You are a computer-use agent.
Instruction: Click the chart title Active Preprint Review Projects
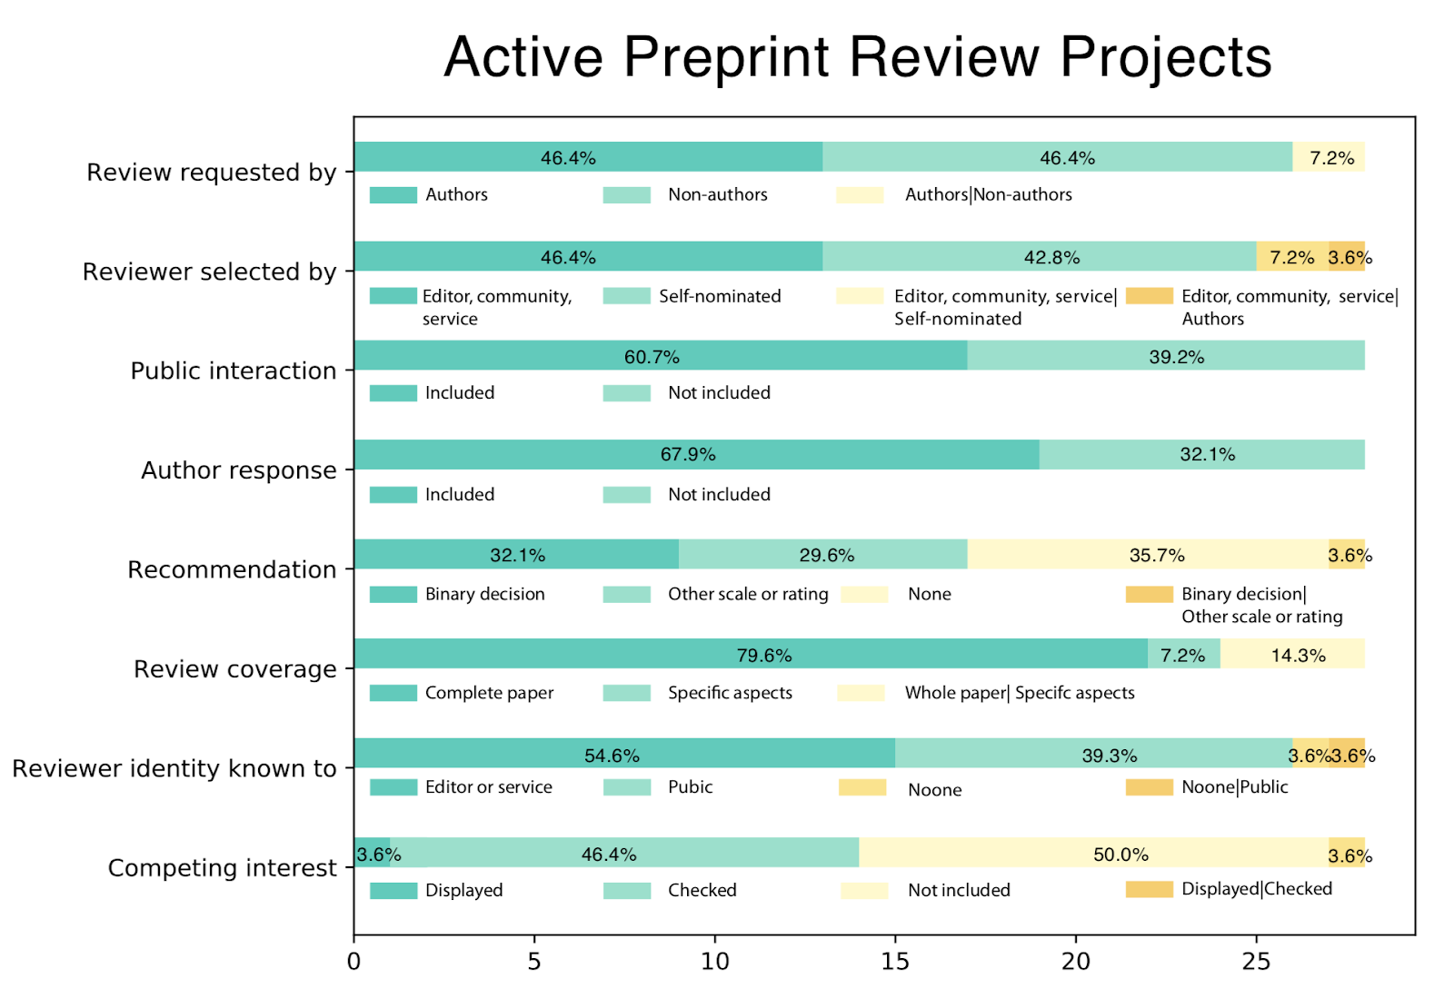tap(857, 57)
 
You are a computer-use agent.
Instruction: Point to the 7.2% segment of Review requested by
tap(1329, 157)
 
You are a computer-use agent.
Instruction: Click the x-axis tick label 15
tap(895, 962)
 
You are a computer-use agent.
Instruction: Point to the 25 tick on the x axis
tap(1256, 962)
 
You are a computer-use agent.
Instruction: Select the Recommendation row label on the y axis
tap(232, 569)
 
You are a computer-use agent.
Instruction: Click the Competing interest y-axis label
tap(222, 868)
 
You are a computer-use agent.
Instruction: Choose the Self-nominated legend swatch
tap(626, 296)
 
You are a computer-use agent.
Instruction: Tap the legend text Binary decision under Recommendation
tap(484, 594)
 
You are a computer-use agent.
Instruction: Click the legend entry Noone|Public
tap(1234, 787)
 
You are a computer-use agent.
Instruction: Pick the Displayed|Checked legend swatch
tap(1149, 889)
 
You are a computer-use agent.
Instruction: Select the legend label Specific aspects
tap(730, 693)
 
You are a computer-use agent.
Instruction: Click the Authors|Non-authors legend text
tap(988, 194)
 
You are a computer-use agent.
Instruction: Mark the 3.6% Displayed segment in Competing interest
tap(372, 853)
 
